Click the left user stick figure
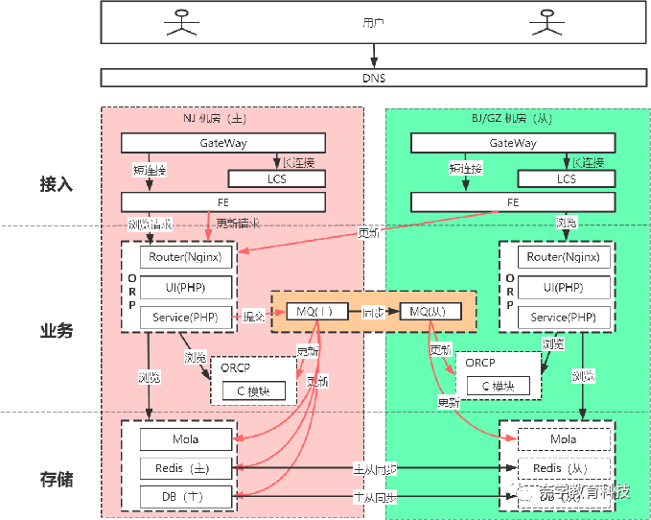pos(179,21)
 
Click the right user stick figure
pos(546,21)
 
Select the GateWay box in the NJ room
pos(222,143)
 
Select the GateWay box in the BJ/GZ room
pos(513,143)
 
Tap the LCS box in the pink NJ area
pos(276,178)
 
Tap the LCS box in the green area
pos(567,178)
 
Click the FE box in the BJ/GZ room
pos(513,202)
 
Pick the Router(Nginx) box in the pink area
pos(186,257)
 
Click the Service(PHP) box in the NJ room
pos(186,317)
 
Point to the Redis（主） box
pos(186,468)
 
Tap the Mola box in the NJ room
pos(186,439)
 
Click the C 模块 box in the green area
pos(498,386)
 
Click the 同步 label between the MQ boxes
pos(373,313)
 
